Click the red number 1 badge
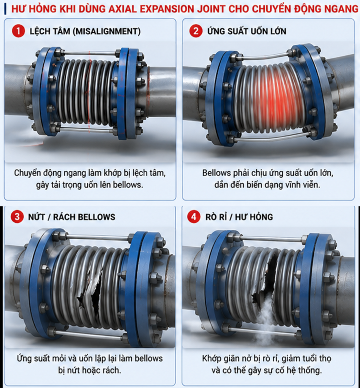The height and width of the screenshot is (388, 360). click(18, 31)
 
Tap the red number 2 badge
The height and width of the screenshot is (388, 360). click(196, 31)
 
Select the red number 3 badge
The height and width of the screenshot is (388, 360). click(17, 217)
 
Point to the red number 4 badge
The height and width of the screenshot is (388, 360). click(194, 217)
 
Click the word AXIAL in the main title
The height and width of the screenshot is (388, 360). click(122, 9)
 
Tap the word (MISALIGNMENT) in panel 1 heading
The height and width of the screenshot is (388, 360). click(107, 31)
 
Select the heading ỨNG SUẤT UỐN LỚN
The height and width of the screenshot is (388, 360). click(247, 31)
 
